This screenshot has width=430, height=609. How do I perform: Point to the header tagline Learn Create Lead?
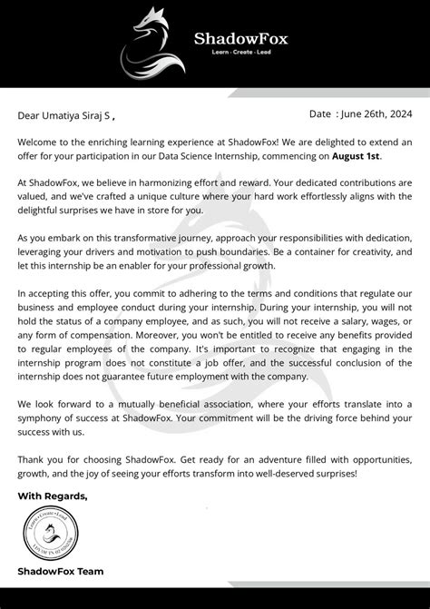click(237, 54)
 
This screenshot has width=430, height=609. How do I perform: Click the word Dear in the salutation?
click(30, 115)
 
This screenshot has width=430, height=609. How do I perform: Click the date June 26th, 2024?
click(377, 114)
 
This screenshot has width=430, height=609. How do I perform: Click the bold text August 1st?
click(330, 155)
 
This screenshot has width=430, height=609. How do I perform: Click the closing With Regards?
click(53, 496)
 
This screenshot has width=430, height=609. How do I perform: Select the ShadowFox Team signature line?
click(61, 571)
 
